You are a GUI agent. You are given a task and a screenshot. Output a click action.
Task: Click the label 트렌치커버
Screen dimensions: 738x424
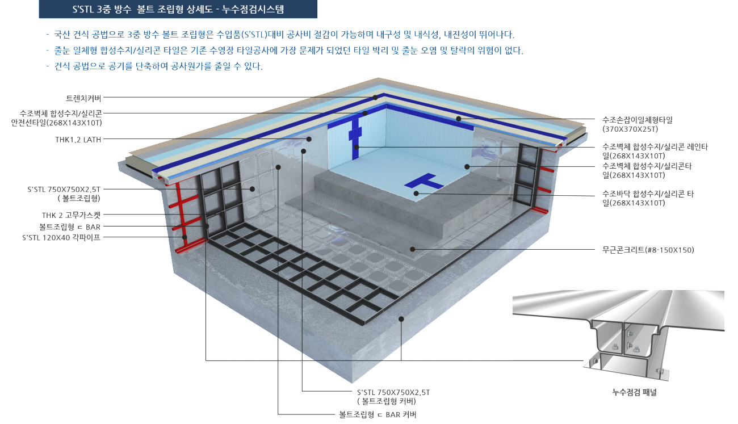click(x=83, y=98)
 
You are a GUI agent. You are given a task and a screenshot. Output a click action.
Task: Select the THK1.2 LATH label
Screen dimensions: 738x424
click(x=78, y=140)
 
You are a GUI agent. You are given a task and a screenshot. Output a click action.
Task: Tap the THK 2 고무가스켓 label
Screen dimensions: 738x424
click(x=71, y=216)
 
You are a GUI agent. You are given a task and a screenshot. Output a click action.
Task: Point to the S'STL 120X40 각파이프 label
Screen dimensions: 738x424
click(x=61, y=237)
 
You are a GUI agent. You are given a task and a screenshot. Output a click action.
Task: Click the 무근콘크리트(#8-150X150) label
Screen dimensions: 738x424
click(x=648, y=250)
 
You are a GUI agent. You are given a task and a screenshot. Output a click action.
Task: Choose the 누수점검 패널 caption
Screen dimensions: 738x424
click(x=634, y=392)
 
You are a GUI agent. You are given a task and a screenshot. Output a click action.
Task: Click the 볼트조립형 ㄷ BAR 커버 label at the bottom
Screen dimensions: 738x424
click(x=378, y=414)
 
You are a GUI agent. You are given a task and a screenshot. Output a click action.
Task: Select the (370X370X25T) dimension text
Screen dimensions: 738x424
click(x=630, y=129)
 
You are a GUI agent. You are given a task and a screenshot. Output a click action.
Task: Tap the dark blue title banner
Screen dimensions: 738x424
click(x=178, y=9)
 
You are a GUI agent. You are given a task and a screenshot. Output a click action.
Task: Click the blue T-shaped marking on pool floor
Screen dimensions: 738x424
click(x=423, y=181)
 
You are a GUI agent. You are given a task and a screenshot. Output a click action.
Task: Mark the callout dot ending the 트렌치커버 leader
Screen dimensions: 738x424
click(x=375, y=98)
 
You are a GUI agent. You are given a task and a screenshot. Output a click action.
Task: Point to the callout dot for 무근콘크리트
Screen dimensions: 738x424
click(x=413, y=249)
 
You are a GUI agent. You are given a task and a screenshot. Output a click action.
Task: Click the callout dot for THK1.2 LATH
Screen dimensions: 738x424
click(x=309, y=140)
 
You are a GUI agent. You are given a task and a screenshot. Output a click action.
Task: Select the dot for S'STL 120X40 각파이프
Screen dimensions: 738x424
click(x=184, y=237)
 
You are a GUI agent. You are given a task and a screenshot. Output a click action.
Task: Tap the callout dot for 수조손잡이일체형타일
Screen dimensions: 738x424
click(x=458, y=119)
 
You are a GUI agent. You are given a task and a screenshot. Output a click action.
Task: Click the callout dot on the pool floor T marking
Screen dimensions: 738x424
click(x=416, y=194)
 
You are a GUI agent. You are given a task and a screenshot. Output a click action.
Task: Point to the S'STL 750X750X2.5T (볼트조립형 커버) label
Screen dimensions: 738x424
click(x=393, y=397)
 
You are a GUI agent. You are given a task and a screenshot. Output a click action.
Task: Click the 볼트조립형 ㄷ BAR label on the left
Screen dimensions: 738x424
click(x=69, y=227)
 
